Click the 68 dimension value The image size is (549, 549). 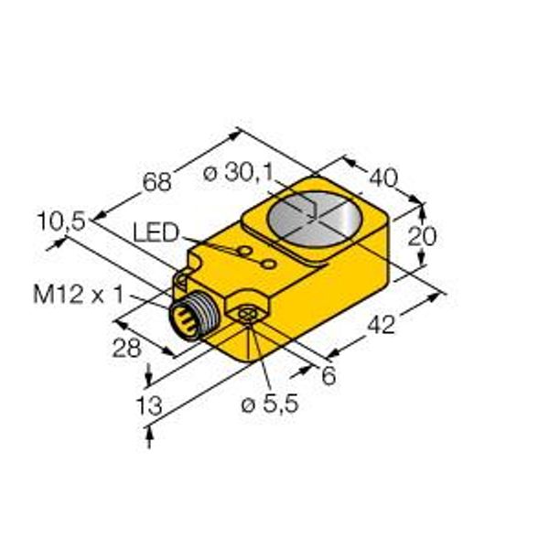click(x=157, y=182)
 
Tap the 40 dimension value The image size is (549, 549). click(x=383, y=178)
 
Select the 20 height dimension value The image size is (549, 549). click(x=422, y=236)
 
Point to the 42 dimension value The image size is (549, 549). click(x=382, y=325)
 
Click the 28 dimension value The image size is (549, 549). click(x=127, y=349)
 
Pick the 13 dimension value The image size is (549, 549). click(x=149, y=405)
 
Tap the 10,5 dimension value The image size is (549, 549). click(x=61, y=221)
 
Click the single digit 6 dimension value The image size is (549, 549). click(x=328, y=376)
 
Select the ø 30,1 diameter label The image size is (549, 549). click(x=238, y=173)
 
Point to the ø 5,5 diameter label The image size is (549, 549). click(x=270, y=404)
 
